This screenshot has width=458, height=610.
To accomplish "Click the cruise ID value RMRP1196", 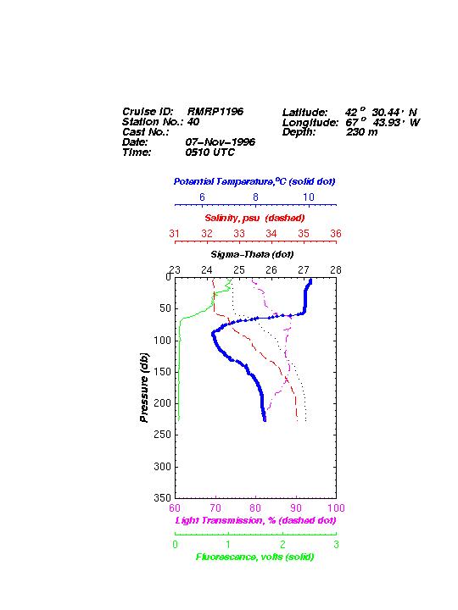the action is [x=215, y=111].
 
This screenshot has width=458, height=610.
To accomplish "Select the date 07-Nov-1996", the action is [x=220, y=141].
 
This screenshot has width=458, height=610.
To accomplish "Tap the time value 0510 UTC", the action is [x=210, y=152].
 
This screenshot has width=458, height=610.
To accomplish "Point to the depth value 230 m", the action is [x=362, y=132].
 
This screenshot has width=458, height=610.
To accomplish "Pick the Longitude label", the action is [x=310, y=123].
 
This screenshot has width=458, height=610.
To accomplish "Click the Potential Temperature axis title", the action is [x=254, y=181].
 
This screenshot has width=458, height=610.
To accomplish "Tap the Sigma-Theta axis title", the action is [x=252, y=254].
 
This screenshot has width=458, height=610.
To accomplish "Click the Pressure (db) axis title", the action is [x=144, y=387].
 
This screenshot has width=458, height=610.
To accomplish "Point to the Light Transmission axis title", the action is [x=255, y=520].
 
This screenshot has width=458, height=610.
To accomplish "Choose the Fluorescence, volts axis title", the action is [x=254, y=557].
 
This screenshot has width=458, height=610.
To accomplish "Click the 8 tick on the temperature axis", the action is [x=255, y=197].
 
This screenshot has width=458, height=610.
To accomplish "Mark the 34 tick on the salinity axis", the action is [x=271, y=234].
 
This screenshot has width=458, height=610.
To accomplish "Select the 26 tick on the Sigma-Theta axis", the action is [x=271, y=270].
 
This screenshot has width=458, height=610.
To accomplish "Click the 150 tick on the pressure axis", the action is [x=163, y=372].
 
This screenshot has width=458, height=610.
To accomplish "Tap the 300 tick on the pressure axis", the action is [x=163, y=467].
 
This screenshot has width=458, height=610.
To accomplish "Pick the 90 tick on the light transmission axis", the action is [x=296, y=508].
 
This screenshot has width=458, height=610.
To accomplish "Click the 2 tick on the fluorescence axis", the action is [x=282, y=545].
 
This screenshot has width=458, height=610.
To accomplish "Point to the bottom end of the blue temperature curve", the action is [x=265, y=420].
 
